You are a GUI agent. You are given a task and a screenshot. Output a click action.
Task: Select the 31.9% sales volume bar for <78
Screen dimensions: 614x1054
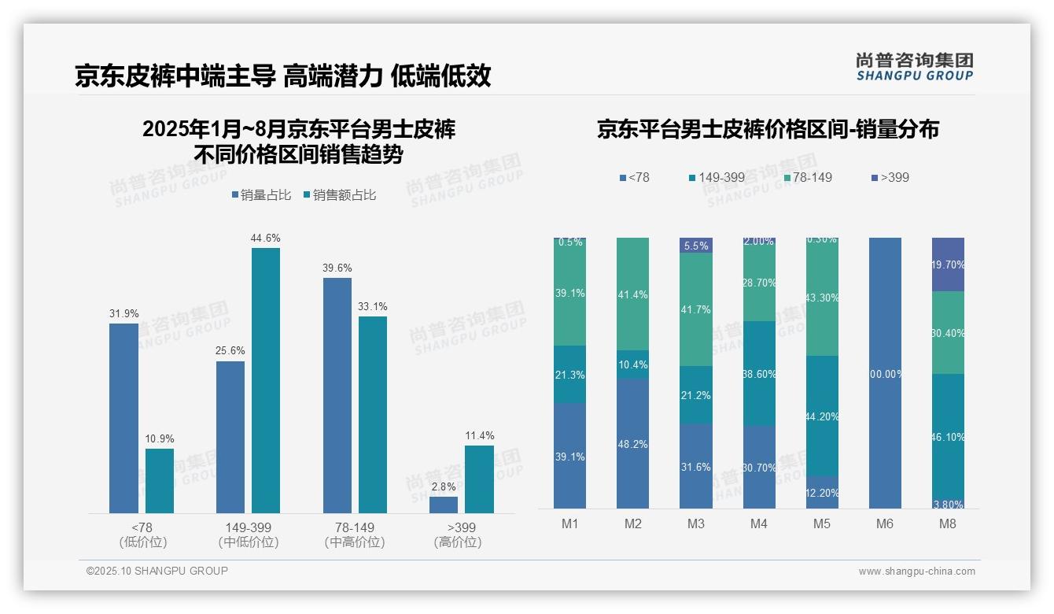click(123, 418)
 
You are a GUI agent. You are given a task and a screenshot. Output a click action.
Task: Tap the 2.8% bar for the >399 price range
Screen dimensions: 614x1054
click(444, 505)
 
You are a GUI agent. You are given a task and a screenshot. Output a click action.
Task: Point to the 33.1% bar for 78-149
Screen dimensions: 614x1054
click(373, 415)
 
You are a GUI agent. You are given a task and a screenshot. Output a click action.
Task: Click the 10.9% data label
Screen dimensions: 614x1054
click(160, 438)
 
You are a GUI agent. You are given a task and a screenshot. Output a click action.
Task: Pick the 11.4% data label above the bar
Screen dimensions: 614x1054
click(479, 435)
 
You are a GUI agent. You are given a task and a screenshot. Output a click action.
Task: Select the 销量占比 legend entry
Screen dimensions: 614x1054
click(260, 195)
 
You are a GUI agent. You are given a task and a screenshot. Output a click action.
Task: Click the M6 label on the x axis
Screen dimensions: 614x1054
click(885, 523)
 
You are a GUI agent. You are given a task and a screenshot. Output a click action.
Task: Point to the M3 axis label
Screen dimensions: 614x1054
click(696, 523)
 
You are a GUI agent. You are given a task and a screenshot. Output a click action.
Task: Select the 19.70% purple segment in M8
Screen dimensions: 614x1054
click(948, 264)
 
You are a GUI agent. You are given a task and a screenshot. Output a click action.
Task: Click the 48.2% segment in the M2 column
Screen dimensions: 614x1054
click(633, 444)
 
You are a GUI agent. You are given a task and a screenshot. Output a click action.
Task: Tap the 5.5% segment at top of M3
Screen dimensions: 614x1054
click(696, 246)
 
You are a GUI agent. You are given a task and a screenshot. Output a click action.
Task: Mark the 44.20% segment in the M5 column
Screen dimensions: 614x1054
click(822, 416)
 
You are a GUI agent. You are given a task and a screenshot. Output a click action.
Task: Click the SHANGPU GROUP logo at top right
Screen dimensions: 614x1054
click(914, 66)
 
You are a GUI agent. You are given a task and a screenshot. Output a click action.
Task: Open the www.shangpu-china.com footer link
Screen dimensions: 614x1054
click(916, 571)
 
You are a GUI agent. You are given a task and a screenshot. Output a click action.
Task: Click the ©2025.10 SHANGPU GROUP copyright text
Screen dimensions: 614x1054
click(157, 571)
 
